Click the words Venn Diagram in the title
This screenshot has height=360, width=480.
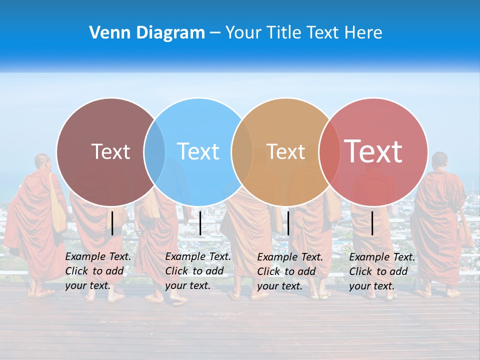(147, 33)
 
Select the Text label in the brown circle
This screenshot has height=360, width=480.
(110, 151)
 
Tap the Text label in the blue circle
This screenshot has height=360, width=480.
(198, 151)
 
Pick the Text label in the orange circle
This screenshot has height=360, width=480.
(285, 151)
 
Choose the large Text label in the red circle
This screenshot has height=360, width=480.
(373, 151)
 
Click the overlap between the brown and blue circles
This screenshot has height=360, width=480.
(154, 151)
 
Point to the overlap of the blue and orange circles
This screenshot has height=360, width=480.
(242, 151)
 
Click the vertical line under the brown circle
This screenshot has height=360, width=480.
(112, 223)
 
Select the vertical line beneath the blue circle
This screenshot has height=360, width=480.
(200, 223)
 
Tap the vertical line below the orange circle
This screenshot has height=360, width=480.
(288, 223)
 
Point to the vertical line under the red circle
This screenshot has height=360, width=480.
(372, 223)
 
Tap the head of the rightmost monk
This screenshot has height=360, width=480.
(439, 160)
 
